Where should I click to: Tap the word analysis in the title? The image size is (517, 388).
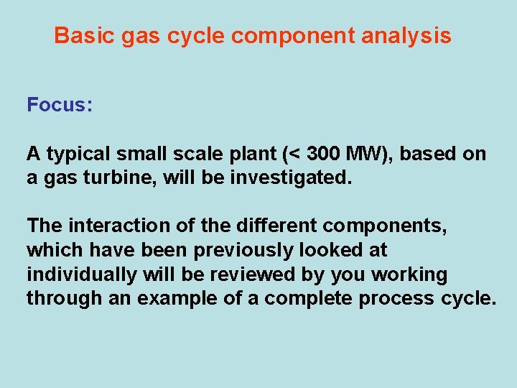coord(406,35)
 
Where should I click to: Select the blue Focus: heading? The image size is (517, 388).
coord(60,105)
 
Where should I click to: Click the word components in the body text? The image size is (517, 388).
coord(385,226)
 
